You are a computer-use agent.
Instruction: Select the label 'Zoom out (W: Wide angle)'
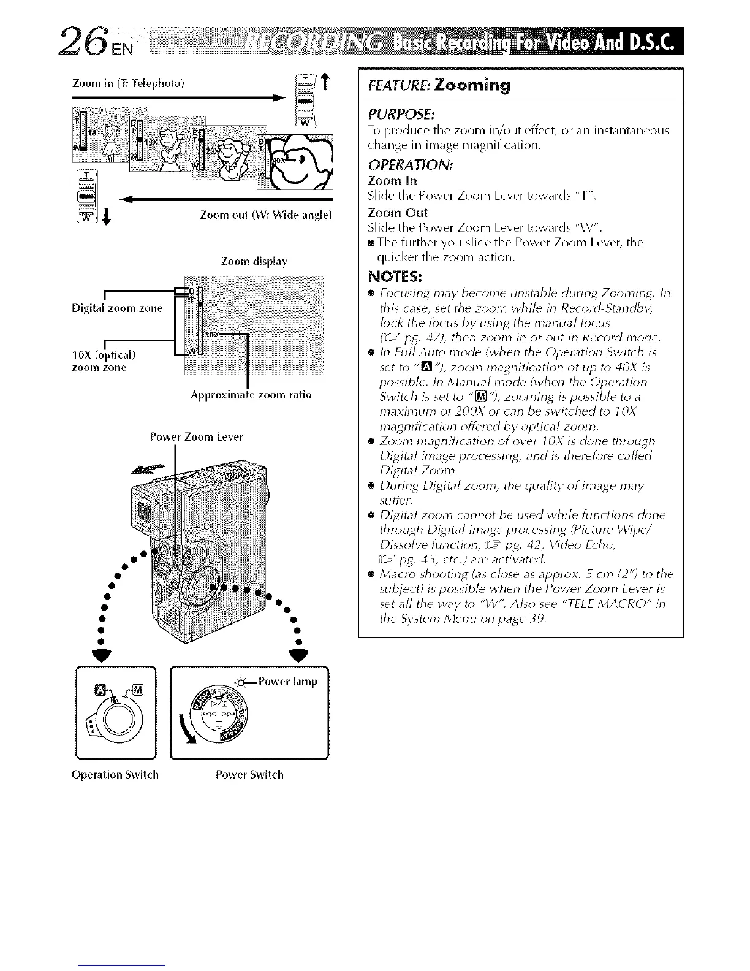[266, 215]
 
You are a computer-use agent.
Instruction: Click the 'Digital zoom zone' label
[117, 308]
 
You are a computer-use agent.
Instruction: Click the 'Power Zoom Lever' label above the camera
[197, 437]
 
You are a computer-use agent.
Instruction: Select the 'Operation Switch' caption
[115, 774]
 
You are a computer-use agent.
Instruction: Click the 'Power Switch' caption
[249, 774]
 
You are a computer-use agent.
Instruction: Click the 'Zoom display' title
[254, 262]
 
